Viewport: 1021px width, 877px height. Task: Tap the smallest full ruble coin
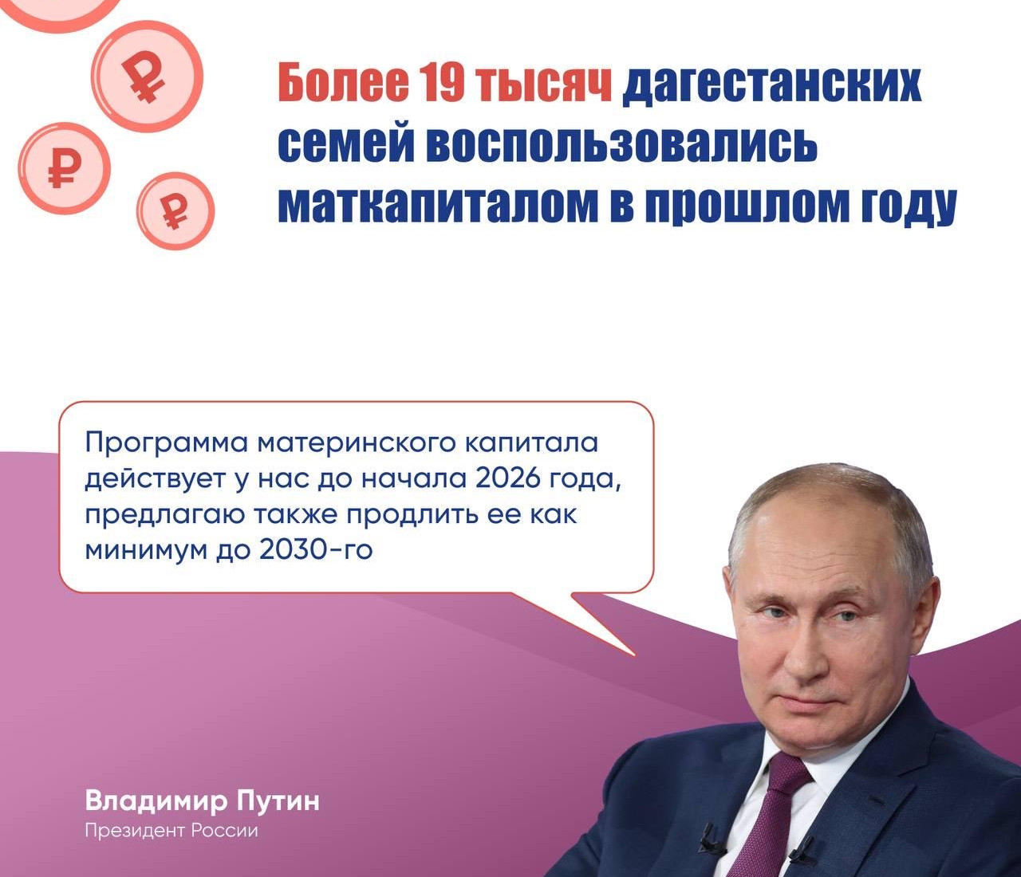tap(175, 211)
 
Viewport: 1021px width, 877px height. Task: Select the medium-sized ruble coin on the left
tap(64, 167)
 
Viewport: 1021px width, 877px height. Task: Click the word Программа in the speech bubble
tap(164, 441)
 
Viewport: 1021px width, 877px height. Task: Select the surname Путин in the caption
tap(279, 800)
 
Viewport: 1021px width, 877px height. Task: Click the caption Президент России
tap(171, 831)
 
